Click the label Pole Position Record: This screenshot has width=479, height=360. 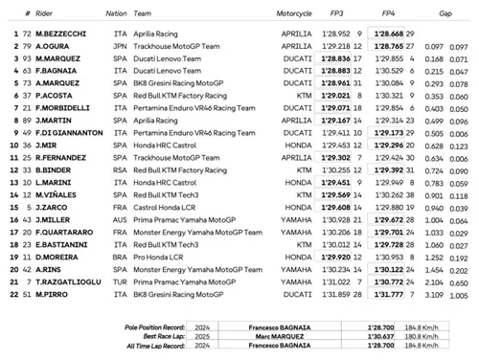click(159, 327)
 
